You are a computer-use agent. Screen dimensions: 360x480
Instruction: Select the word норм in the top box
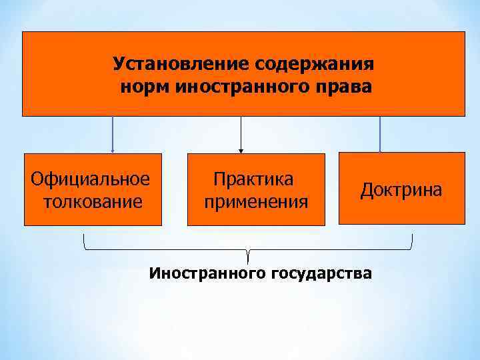point(145,87)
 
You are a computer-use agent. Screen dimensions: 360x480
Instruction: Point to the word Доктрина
point(401,189)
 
